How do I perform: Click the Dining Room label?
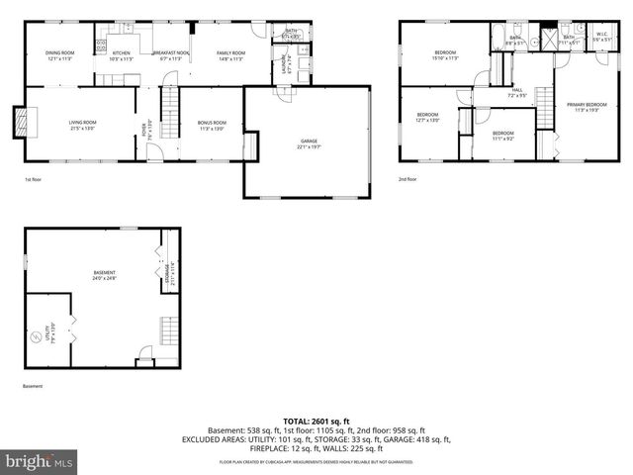[60, 54]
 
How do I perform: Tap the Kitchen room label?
[121, 54]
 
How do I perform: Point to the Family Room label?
[230, 54]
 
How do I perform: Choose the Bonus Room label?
[212, 125]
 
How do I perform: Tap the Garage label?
[310, 143]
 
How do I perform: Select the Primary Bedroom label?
[588, 106]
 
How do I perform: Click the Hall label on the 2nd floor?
[517, 92]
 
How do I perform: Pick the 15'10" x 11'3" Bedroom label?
[446, 54]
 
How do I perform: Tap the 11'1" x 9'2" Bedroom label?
[503, 136]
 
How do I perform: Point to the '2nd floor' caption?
[407, 179]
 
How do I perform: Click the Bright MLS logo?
[40, 461]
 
